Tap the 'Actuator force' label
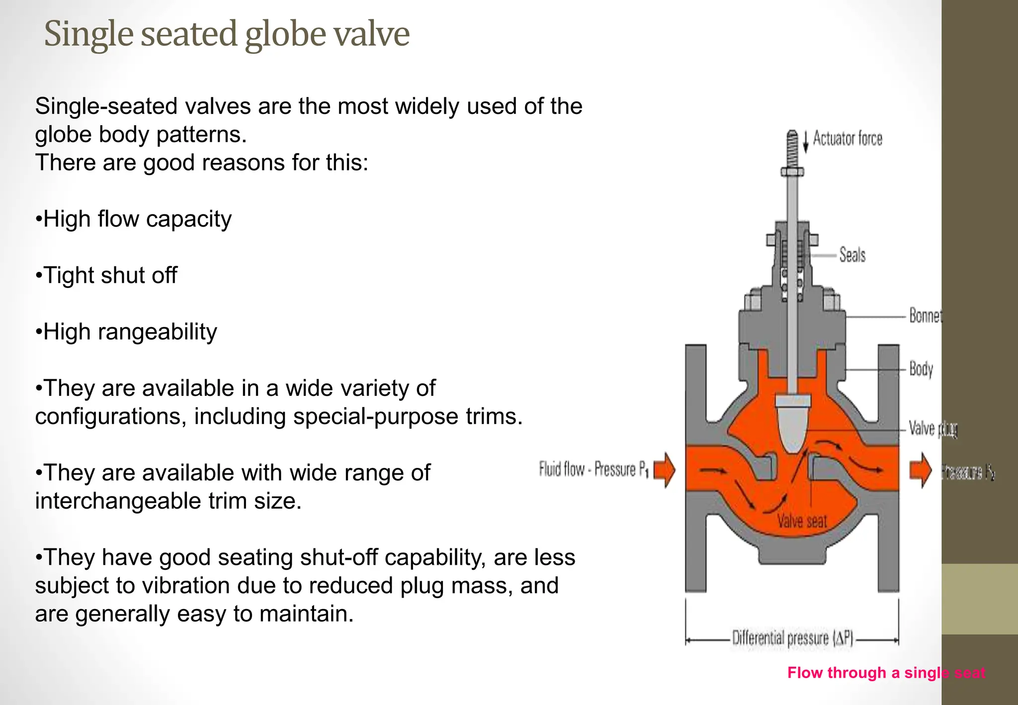[x=848, y=139]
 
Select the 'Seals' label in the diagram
[x=852, y=255]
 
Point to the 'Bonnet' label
[x=925, y=316]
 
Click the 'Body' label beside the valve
[x=921, y=369]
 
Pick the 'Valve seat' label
[x=802, y=521]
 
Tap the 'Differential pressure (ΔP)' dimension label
[x=792, y=638]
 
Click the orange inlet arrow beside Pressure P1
[x=665, y=470]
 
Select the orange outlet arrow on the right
[x=921, y=470]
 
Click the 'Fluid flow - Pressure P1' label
[x=594, y=469]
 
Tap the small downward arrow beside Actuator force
[x=806, y=142]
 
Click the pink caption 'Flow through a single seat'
[x=886, y=673]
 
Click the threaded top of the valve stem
[x=792, y=148]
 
